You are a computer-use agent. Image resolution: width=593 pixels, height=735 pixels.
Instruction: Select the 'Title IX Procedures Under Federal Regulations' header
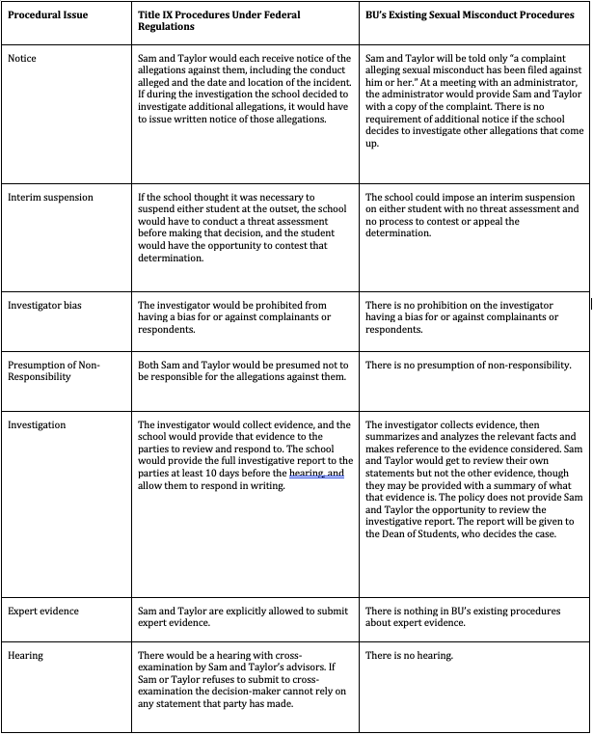pyautogui.click(x=219, y=21)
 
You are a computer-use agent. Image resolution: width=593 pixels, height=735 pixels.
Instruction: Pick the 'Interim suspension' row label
pyautogui.click(x=50, y=197)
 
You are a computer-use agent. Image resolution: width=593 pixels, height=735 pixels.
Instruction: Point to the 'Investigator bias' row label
pyautogui.click(x=44, y=305)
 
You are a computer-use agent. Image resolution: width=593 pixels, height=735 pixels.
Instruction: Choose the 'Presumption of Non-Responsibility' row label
pyautogui.click(x=54, y=370)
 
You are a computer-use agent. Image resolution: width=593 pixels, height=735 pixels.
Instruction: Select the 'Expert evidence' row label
pyautogui.click(x=44, y=611)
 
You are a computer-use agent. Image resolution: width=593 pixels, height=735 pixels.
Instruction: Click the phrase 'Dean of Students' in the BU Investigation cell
pyautogui.click(x=432, y=534)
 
